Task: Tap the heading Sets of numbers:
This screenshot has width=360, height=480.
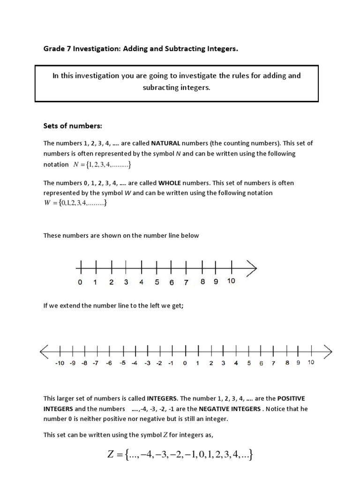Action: [x=73, y=126]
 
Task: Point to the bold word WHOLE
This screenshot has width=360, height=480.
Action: [x=172, y=183]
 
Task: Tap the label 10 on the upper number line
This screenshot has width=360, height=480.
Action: [x=231, y=281]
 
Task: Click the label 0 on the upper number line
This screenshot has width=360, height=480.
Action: [x=80, y=282]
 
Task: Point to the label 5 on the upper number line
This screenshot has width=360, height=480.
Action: [x=157, y=282]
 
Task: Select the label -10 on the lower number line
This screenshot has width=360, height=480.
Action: [x=60, y=363]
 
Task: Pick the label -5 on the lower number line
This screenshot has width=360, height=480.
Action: [x=122, y=363]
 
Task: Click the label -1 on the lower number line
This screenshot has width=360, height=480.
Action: [x=171, y=363]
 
